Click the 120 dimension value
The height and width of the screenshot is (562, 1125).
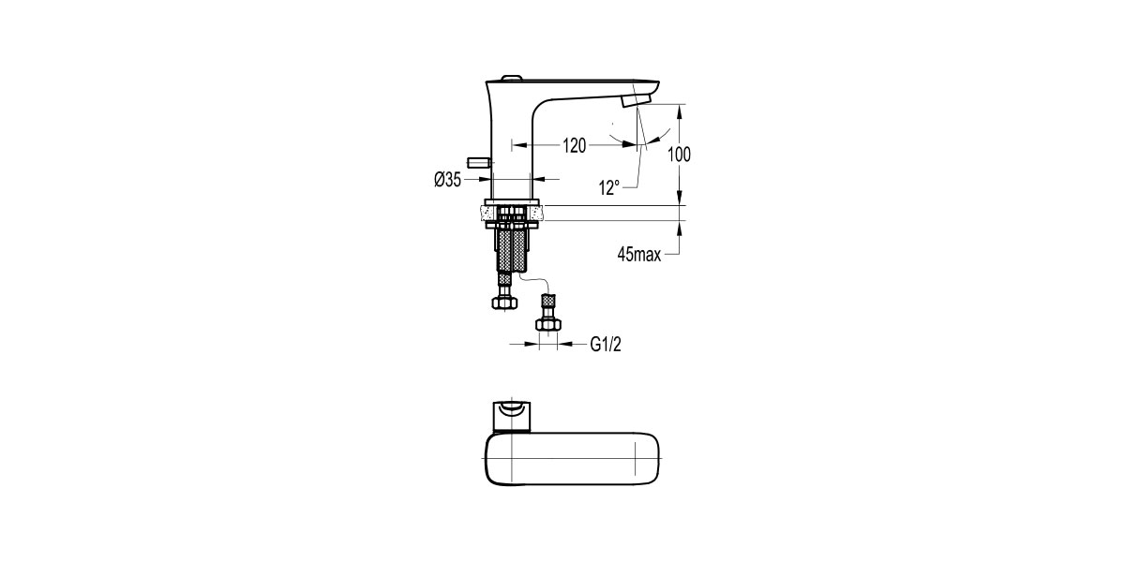pos(574,145)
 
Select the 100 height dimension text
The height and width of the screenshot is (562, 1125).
pos(680,155)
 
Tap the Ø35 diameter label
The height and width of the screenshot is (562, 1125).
pos(447,180)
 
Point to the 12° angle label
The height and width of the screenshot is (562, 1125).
pos(609,188)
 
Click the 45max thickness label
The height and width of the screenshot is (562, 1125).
pos(639,254)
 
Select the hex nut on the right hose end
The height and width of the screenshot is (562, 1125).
pos(547,324)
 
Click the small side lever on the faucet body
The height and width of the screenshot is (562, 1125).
pos(480,163)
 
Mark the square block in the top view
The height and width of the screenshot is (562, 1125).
pos(512,414)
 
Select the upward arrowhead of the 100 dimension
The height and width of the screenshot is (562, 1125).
pos(681,109)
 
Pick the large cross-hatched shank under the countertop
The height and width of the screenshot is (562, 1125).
pos(512,248)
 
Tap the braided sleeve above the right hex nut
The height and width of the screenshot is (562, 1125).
pos(547,304)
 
